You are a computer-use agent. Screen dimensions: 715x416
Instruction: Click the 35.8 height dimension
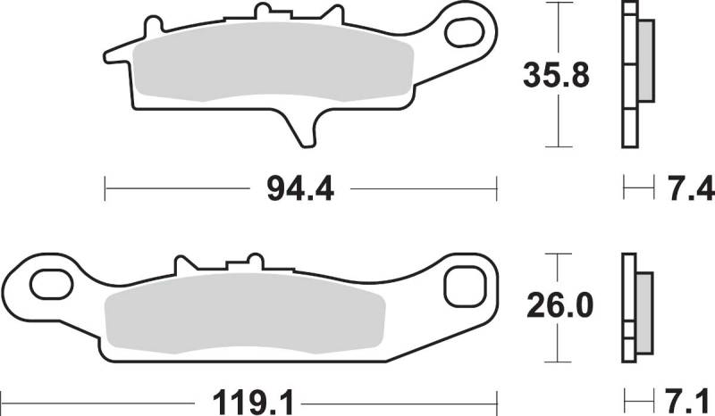tap(556, 75)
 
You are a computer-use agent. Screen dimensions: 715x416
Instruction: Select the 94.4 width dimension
tap(300, 189)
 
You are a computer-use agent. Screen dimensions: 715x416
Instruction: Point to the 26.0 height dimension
tap(560, 305)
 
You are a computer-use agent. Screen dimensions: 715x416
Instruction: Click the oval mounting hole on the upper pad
tap(464, 32)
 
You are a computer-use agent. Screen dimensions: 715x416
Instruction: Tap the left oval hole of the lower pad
tap(51, 284)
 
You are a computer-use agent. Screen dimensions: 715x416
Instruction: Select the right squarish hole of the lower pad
tap(464, 287)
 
